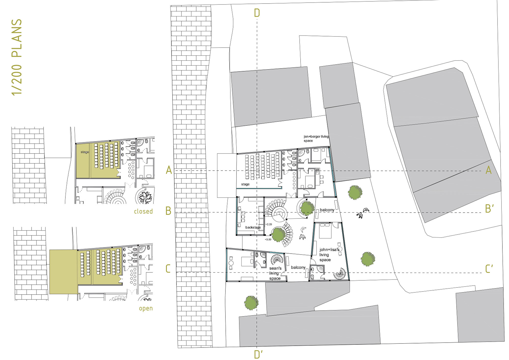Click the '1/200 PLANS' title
[17, 57]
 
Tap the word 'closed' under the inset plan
[143, 211]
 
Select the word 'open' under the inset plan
[146, 309]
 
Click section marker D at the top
[257, 13]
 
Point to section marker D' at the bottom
[258, 354]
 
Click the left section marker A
[169, 170]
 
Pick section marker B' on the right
[489, 209]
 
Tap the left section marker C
[168, 269]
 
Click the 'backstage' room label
[253, 227]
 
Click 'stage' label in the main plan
[245, 184]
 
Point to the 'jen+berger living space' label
[316, 139]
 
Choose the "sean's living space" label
[275, 273]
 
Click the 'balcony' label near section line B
[327, 210]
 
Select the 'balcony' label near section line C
[298, 267]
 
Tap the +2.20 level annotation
[269, 224]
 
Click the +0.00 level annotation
[268, 240]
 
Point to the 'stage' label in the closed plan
[85, 152]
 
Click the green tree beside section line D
[251, 303]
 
